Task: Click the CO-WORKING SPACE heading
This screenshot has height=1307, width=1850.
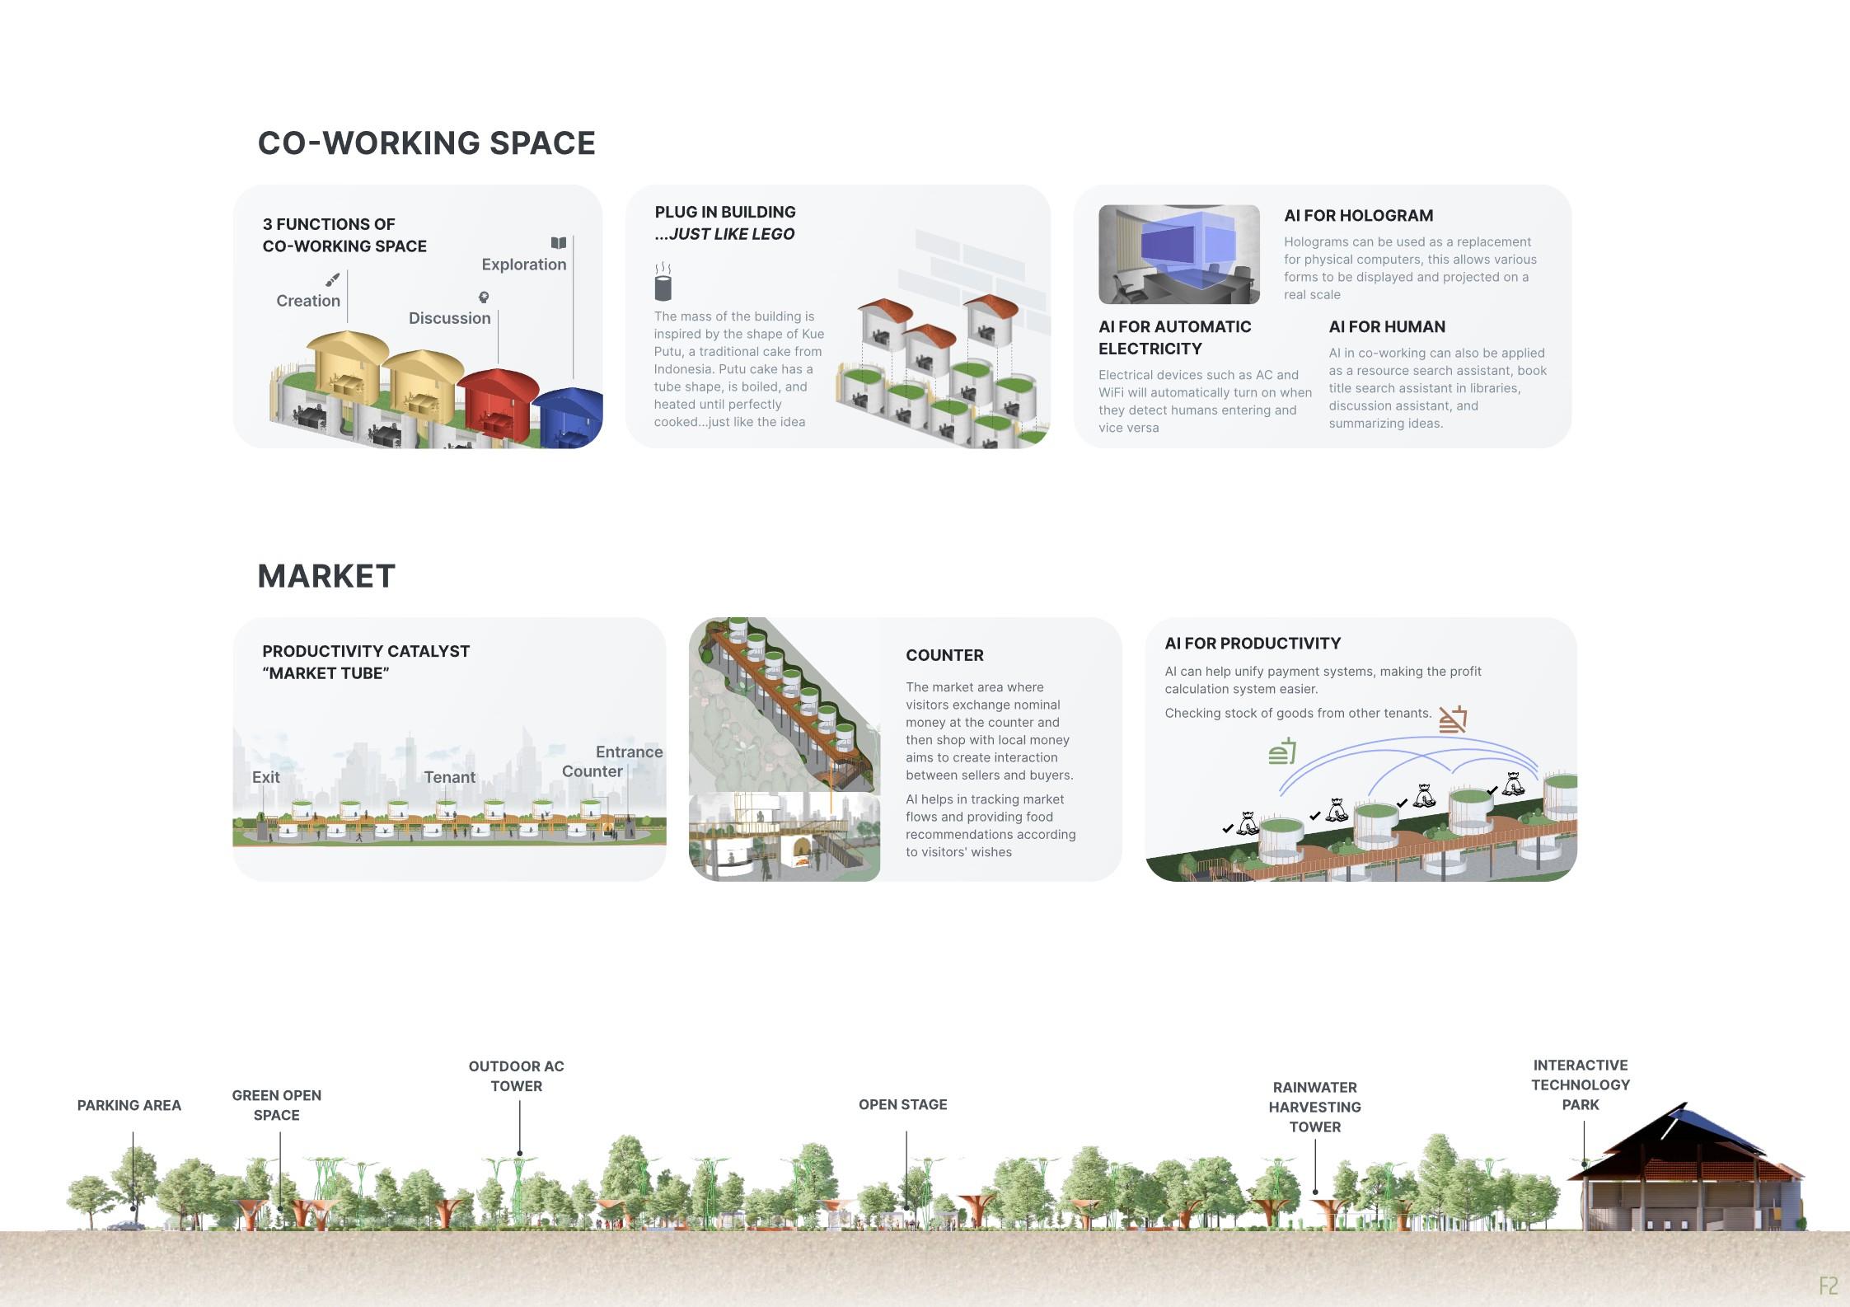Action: tap(426, 143)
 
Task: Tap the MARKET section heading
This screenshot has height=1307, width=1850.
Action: tap(326, 576)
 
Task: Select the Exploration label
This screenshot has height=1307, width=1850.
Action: tap(523, 265)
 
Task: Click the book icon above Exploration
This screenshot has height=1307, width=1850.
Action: tap(559, 243)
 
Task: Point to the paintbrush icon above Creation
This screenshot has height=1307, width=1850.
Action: tap(332, 280)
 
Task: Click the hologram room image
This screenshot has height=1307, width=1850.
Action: tap(1178, 254)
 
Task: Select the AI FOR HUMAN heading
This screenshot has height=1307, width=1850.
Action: tap(1387, 327)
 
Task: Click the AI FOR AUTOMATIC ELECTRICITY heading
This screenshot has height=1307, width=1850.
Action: tap(1174, 338)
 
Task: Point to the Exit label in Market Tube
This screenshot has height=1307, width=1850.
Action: tap(265, 777)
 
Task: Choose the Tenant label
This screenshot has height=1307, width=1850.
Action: tap(449, 777)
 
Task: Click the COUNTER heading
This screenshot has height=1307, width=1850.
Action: tap(944, 655)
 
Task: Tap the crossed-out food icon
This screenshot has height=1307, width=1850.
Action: tap(1453, 719)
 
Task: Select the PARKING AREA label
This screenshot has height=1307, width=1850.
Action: tap(129, 1105)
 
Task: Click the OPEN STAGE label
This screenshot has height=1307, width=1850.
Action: tap(902, 1104)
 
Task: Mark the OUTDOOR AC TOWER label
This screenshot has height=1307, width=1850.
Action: tap(516, 1076)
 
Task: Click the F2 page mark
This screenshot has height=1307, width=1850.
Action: tap(1828, 1286)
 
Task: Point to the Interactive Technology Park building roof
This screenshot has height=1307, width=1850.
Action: tap(1681, 1141)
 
